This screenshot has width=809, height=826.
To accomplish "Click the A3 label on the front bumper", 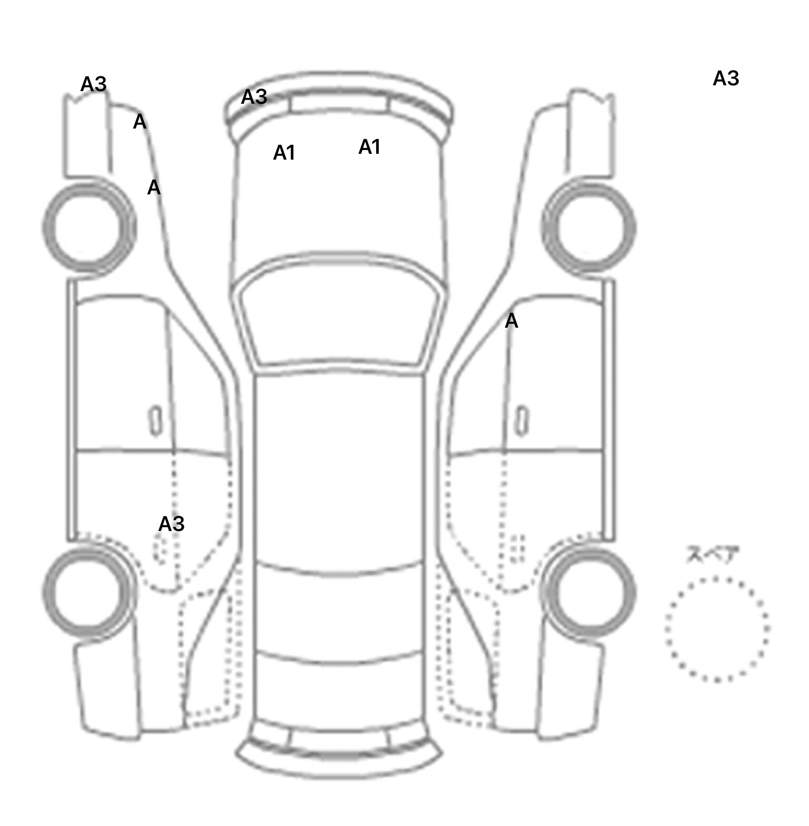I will pyautogui.click(x=254, y=97).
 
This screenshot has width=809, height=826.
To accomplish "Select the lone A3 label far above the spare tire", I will pyautogui.click(x=725, y=78).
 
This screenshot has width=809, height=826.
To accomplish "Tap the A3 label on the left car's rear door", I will pyautogui.click(x=171, y=524).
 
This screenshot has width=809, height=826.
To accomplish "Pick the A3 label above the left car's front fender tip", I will pyautogui.click(x=93, y=84).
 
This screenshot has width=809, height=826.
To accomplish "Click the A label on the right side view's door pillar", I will pyautogui.click(x=511, y=321).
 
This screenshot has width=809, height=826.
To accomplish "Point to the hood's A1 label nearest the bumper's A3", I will pyautogui.click(x=284, y=153).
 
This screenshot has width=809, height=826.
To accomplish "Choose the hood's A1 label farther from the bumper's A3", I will pyautogui.click(x=369, y=147).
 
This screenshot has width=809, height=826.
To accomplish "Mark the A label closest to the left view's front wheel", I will pyautogui.click(x=153, y=188).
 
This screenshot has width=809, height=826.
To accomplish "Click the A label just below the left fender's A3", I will pyautogui.click(x=139, y=122).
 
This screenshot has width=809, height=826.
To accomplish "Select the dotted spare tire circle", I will pyautogui.click(x=716, y=628).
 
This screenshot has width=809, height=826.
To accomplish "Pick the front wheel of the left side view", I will pyautogui.click(x=88, y=227).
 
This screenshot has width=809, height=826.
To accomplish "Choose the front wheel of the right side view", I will pyautogui.click(x=589, y=228).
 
